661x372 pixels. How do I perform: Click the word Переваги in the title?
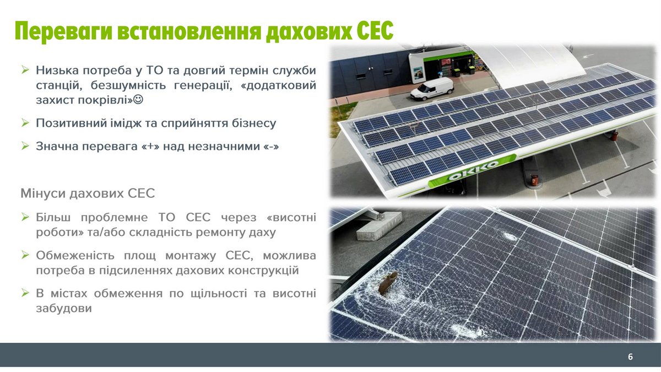(x=64, y=31)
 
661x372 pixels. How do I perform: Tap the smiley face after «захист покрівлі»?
(x=138, y=99)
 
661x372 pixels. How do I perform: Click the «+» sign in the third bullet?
(x=151, y=147)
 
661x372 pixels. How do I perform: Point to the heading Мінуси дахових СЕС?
(x=88, y=193)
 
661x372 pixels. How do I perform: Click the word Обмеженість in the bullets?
(x=75, y=255)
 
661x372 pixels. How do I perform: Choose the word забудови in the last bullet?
(x=64, y=308)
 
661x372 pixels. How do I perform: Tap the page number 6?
(x=630, y=357)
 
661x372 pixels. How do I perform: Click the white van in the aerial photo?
(x=432, y=88)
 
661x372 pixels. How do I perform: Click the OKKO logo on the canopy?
(x=473, y=171)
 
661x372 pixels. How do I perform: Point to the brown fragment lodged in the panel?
(x=387, y=283)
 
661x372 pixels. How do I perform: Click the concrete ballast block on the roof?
(x=379, y=226)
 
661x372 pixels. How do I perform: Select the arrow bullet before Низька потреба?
(x=25, y=70)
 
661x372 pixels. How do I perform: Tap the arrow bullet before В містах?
(x=25, y=293)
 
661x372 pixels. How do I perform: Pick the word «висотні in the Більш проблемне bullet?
(x=291, y=217)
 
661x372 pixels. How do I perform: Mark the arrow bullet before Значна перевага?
(x=25, y=146)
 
